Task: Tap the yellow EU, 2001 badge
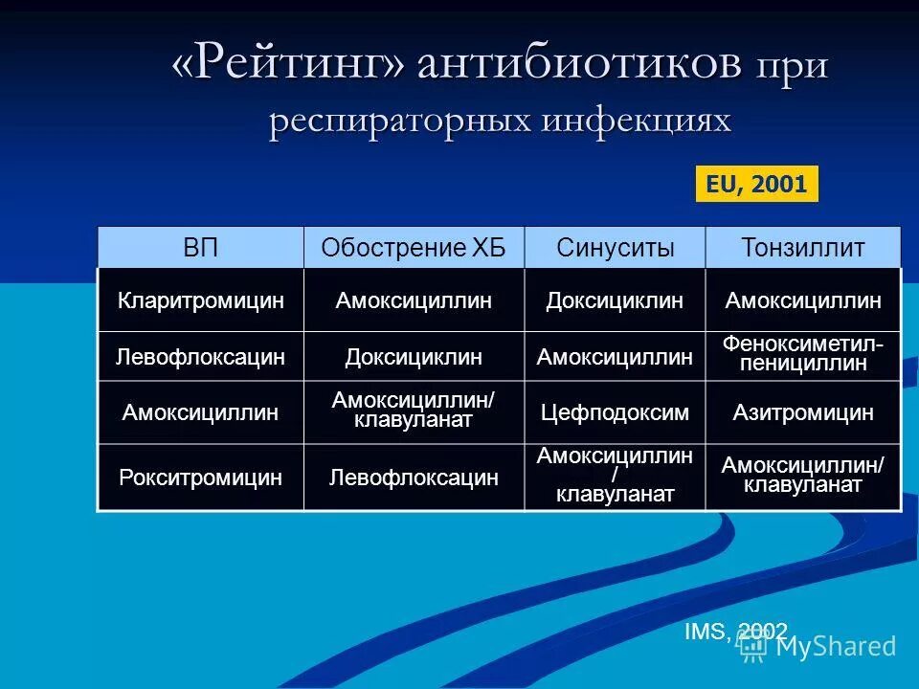pyautogui.click(x=756, y=184)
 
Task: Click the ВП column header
pyautogui.click(x=201, y=249)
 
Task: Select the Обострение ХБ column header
pyautogui.click(x=414, y=249)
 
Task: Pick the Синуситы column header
pyautogui.click(x=615, y=249)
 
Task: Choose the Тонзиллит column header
pyautogui.click(x=803, y=249)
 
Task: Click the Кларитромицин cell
pyautogui.click(x=201, y=300)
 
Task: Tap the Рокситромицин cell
pyautogui.click(x=201, y=477)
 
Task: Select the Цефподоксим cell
pyautogui.click(x=615, y=412)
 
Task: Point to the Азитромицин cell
pyautogui.click(x=803, y=412)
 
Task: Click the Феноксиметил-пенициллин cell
pyautogui.click(x=803, y=354)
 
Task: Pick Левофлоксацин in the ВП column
pyautogui.click(x=201, y=357)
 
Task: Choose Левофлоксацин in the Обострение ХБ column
pyautogui.click(x=414, y=477)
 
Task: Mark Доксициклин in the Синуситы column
pyautogui.click(x=615, y=300)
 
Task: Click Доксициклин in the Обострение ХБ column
pyautogui.click(x=414, y=357)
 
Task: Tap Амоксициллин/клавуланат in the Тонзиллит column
pyautogui.click(x=803, y=476)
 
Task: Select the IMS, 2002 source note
pyautogui.click(x=735, y=631)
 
